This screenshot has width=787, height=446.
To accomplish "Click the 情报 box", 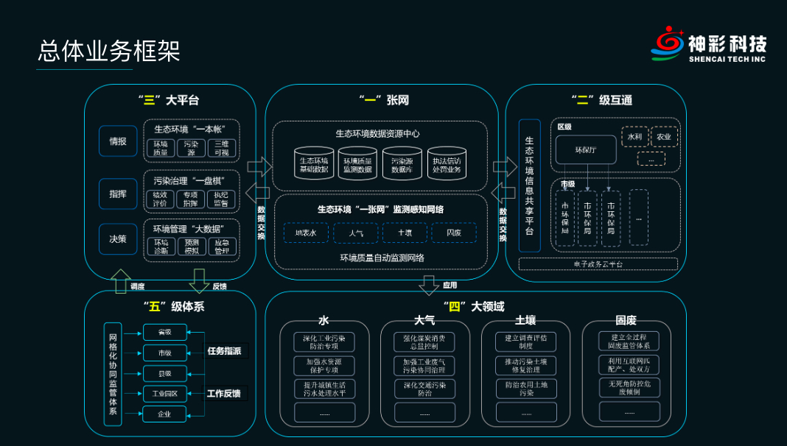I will [x=118, y=141].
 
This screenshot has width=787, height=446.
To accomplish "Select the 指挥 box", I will [x=118, y=193].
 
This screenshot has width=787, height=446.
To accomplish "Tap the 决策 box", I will [x=118, y=239].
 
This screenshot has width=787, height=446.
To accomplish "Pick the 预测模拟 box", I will [x=192, y=247].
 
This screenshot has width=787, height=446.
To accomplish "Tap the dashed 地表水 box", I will [x=306, y=233].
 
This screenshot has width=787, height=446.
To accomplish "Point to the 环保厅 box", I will [x=585, y=149].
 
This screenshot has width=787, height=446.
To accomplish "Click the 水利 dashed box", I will [x=634, y=137].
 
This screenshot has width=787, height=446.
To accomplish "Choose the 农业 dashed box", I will [x=664, y=137].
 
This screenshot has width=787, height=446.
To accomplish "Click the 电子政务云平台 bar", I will [x=598, y=263].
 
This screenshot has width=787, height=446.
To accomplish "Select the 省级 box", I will [x=164, y=332].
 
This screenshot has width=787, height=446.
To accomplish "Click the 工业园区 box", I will [x=164, y=393].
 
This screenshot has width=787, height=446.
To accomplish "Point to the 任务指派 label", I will [x=224, y=351].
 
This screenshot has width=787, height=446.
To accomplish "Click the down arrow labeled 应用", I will [x=429, y=284].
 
